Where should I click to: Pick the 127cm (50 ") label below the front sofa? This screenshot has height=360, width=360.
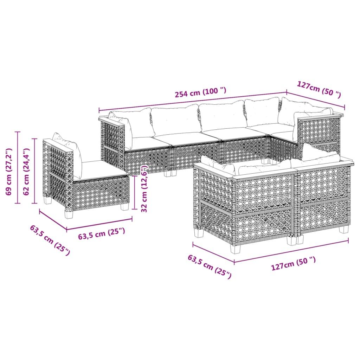click(293, 264)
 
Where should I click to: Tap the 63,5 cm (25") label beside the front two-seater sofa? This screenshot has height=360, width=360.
click(210, 266)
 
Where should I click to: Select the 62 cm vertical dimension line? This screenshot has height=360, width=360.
click(34, 171)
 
